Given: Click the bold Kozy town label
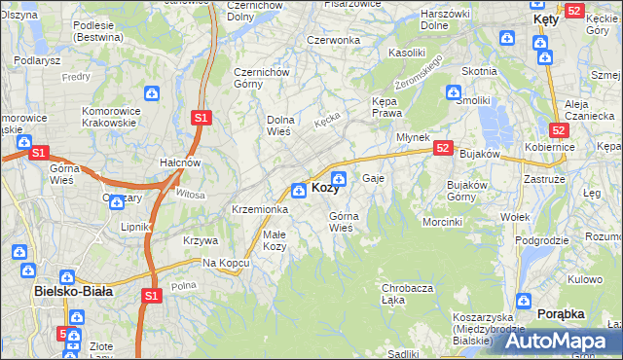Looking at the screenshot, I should pyautogui.click(x=324, y=188).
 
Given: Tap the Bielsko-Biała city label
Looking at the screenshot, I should pyautogui.click(x=73, y=290).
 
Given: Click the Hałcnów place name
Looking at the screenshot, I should pyautogui.click(x=180, y=162).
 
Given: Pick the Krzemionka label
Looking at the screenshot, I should pyautogui.click(x=259, y=209).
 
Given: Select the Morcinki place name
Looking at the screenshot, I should pyautogui.click(x=442, y=222).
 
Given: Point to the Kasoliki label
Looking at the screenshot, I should pyautogui.click(x=407, y=51).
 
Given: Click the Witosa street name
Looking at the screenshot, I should pyautogui.click(x=191, y=194).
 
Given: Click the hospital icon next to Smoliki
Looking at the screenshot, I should pyautogui.click(x=453, y=93).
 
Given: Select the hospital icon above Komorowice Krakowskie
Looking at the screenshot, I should pyautogui.click(x=151, y=93).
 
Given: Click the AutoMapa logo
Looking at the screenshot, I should pyautogui.click(x=556, y=341).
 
